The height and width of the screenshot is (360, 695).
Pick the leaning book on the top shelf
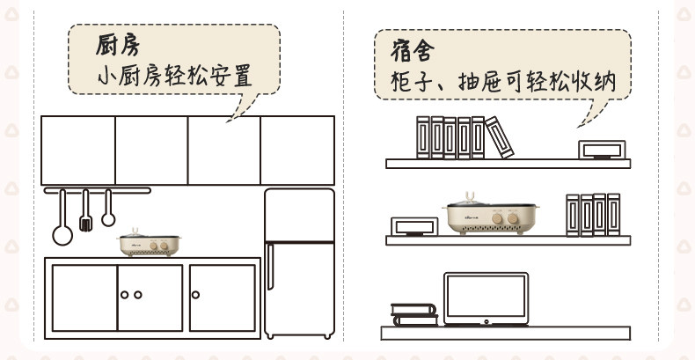[x=499, y=137]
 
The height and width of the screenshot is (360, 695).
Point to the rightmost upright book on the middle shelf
[x=614, y=215]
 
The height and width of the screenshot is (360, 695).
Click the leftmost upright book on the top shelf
[x=423, y=138]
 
